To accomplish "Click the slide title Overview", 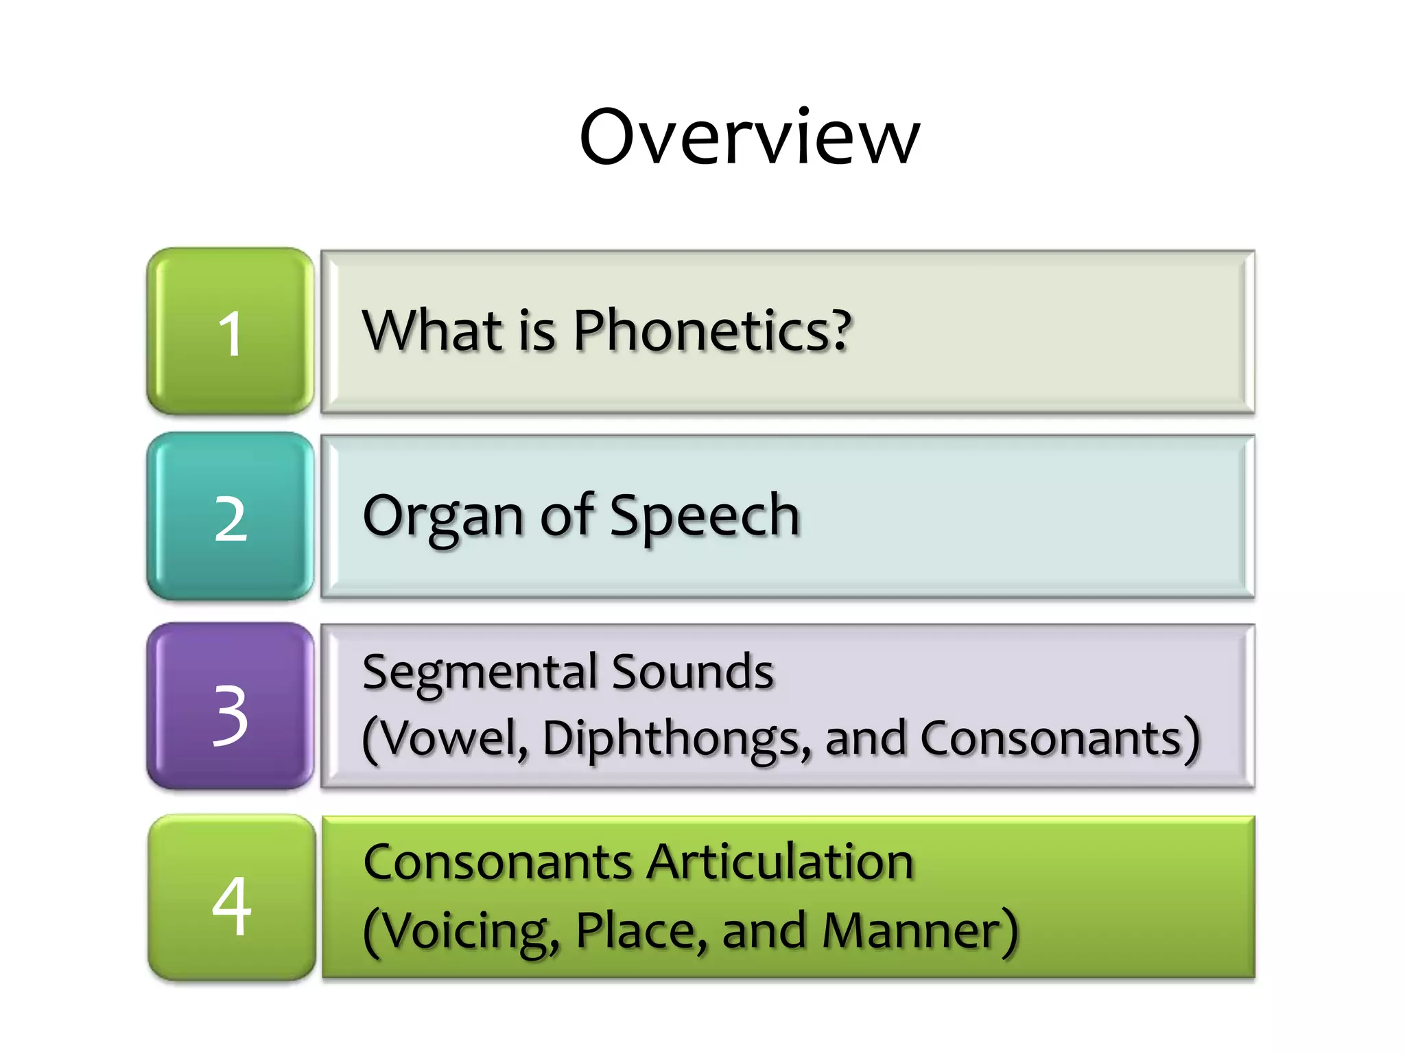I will (x=749, y=137).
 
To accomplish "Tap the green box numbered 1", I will (x=231, y=331).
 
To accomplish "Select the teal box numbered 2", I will (x=231, y=517).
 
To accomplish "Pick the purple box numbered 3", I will (x=231, y=706).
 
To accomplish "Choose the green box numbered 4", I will (x=232, y=898).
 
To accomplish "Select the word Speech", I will (x=705, y=517).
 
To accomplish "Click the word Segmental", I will (x=480, y=672).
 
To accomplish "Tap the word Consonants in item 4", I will (x=498, y=862).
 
